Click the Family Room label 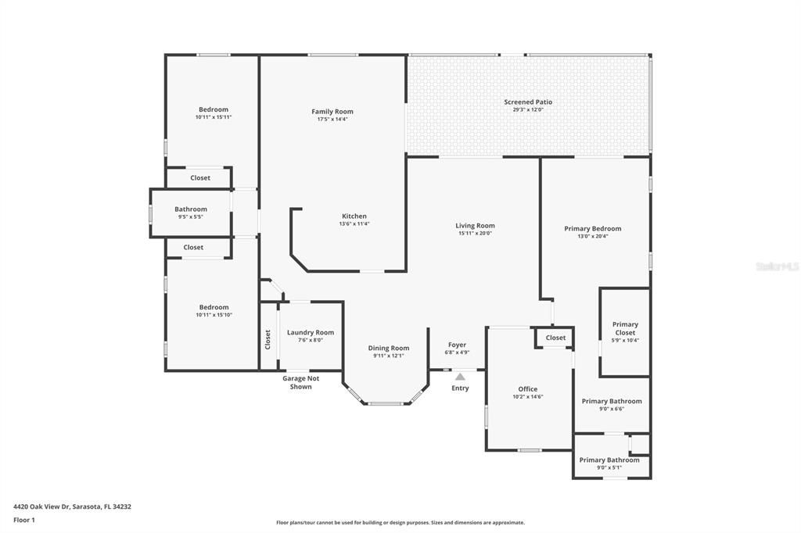(x=332, y=112)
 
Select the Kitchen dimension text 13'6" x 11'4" (x=354, y=224)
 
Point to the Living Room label (x=475, y=226)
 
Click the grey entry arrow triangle (x=460, y=377)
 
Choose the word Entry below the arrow (x=460, y=388)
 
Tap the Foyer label (x=457, y=345)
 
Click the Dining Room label (x=389, y=348)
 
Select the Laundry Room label (x=311, y=332)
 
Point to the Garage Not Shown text (x=301, y=382)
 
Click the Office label (x=528, y=388)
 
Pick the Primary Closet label (x=625, y=328)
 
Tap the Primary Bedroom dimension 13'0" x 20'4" (x=592, y=236)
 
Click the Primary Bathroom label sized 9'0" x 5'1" (x=609, y=460)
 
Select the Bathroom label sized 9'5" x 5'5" (x=191, y=209)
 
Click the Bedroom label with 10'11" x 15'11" (x=214, y=109)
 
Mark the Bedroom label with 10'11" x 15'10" (x=214, y=307)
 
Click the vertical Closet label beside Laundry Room (x=268, y=339)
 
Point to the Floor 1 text (x=24, y=520)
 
